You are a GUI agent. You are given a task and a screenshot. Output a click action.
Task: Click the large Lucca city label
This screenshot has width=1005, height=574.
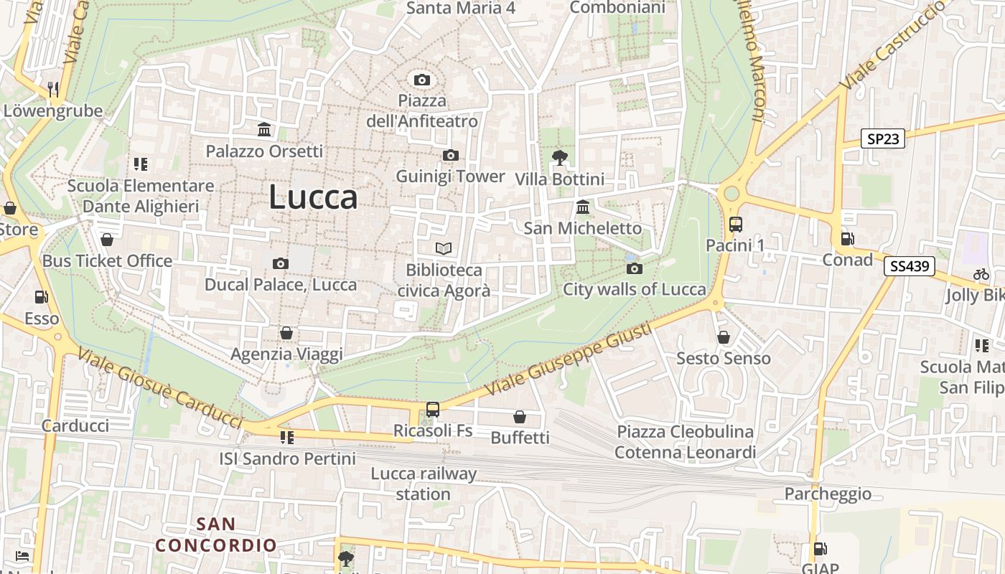pos(313,197)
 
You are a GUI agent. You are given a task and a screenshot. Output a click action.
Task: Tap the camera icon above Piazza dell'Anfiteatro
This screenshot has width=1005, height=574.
pos(422,80)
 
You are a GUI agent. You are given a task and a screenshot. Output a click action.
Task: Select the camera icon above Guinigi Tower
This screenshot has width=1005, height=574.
pos(451,156)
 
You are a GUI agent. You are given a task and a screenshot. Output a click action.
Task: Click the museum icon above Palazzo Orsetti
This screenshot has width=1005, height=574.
pos(264,130)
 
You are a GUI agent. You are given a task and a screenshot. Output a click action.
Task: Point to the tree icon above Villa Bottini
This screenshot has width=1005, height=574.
pos(560,157)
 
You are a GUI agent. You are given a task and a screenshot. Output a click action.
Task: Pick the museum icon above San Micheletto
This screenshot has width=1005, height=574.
pos(583,207)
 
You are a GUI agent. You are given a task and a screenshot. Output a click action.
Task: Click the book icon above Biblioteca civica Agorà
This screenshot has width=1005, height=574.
pos(444,249)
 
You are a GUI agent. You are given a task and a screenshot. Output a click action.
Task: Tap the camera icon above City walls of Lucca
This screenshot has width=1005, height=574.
pos(635,269)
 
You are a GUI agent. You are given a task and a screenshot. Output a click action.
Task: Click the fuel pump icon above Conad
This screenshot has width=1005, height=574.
pos(847,238)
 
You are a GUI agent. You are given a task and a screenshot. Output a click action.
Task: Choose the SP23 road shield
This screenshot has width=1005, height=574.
pos(883,138)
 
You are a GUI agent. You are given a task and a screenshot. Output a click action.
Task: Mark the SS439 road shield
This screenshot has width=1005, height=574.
pos(909,266)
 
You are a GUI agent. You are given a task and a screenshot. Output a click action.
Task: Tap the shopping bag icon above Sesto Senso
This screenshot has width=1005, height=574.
pos(724,337)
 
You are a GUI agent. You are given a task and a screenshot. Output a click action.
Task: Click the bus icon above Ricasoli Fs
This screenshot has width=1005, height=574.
pos(433,409)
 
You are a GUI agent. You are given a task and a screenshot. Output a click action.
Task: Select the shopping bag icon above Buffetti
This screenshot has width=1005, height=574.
pos(520,417)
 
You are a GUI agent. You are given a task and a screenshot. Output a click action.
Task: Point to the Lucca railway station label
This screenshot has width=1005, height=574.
pos(424,484)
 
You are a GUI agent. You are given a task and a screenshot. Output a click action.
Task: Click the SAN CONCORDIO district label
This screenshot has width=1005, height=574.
pos(216,535)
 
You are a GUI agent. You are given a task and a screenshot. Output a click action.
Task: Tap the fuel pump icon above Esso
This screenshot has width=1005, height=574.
pos(42,297)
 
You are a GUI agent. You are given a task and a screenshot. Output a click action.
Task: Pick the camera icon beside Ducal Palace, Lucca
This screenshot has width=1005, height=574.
pos(281,263)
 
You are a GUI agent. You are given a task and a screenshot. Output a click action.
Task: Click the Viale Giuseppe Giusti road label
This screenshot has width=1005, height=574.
pos(569,359)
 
